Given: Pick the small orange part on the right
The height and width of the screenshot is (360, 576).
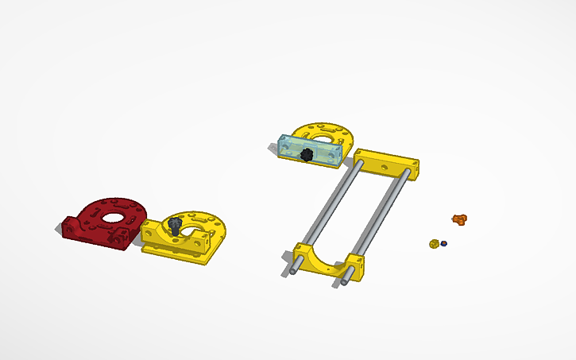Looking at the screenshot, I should click(x=458, y=218).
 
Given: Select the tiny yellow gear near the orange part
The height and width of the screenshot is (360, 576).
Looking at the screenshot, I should click(x=434, y=243).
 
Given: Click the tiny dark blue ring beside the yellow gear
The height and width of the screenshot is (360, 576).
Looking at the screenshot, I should click(x=444, y=242).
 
